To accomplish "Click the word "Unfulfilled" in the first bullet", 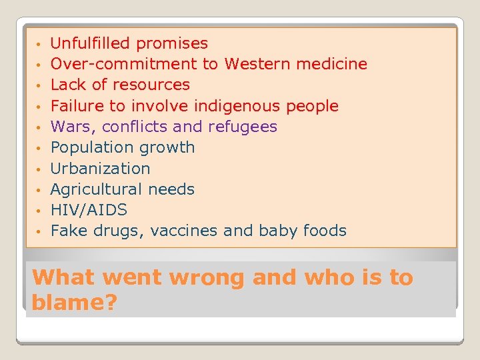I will click(91, 44).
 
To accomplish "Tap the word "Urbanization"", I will click(101, 169).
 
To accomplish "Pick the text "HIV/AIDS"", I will click(89, 210).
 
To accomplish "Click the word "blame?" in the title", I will click(74, 303).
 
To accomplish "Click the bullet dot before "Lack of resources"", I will click(40, 86).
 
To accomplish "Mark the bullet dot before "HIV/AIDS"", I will click(40, 211).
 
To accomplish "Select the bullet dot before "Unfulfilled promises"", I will click(40, 45).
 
